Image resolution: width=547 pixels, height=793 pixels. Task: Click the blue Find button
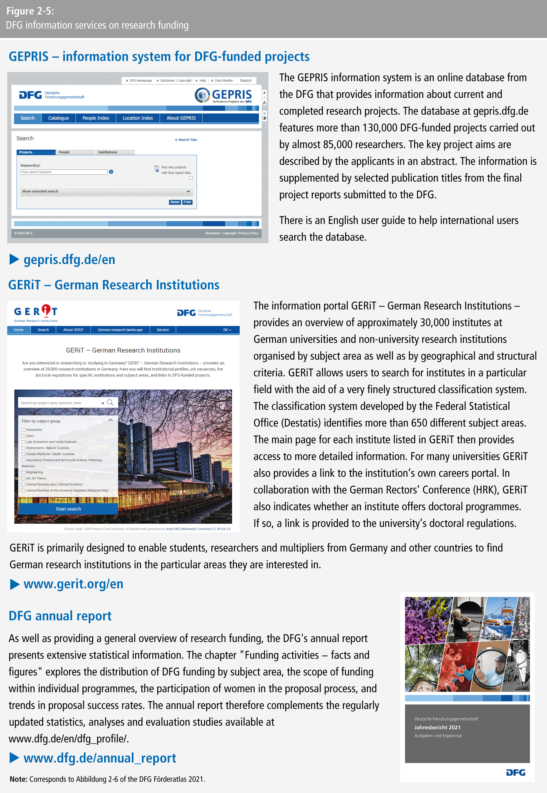pyautogui.click(x=187, y=202)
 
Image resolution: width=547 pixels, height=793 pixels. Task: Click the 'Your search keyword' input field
pyautogui.click(x=64, y=172)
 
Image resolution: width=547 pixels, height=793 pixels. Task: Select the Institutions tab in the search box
pyautogui.click(x=108, y=152)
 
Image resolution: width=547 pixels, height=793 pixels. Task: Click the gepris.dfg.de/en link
pyautogui.click(x=69, y=260)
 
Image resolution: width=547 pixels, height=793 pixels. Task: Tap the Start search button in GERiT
pyautogui.click(x=68, y=509)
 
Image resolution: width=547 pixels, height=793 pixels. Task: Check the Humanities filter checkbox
pyautogui.click(x=24, y=430)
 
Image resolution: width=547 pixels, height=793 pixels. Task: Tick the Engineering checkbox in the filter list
pyautogui.click(x=24, y=472)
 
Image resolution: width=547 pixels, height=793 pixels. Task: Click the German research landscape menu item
pyautogui.click(x=120, y=330)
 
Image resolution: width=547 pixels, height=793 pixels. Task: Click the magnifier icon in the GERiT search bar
pyautogui.click(x=110, y=402)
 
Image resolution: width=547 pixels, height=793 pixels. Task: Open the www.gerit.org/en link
pyautogui.click(x=73, y=584)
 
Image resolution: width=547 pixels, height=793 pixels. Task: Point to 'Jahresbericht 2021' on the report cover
pyautogui.click(x=437, y=727)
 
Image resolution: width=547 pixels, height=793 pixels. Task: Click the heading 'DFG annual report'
pyautogui.click(x=60, y=616)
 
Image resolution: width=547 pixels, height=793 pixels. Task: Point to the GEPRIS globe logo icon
pyautogui.click(x=202, y=95)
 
